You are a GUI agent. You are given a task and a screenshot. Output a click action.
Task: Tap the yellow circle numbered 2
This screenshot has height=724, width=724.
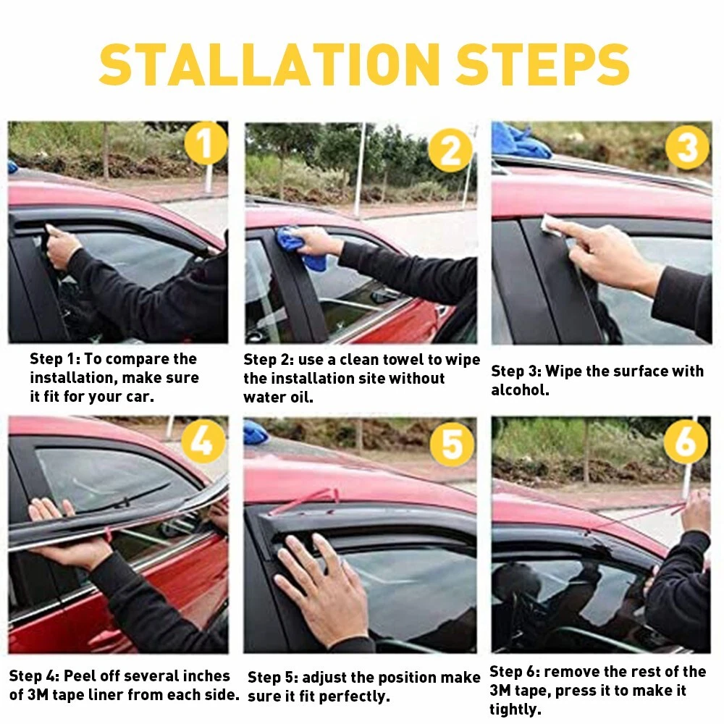(450, 150)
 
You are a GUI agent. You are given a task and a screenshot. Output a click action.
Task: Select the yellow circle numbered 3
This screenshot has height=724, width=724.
(688, 147)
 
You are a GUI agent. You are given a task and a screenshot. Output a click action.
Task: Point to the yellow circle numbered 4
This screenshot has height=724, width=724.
(203, 442)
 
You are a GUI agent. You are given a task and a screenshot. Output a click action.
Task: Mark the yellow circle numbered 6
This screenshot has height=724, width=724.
(686, 442)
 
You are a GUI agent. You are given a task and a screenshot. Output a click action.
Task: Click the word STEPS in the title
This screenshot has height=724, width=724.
(543, 64)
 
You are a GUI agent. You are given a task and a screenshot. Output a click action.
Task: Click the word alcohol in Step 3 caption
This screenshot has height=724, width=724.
(519, 390)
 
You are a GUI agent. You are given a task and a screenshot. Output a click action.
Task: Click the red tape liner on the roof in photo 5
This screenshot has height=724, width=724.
(306, 502)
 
